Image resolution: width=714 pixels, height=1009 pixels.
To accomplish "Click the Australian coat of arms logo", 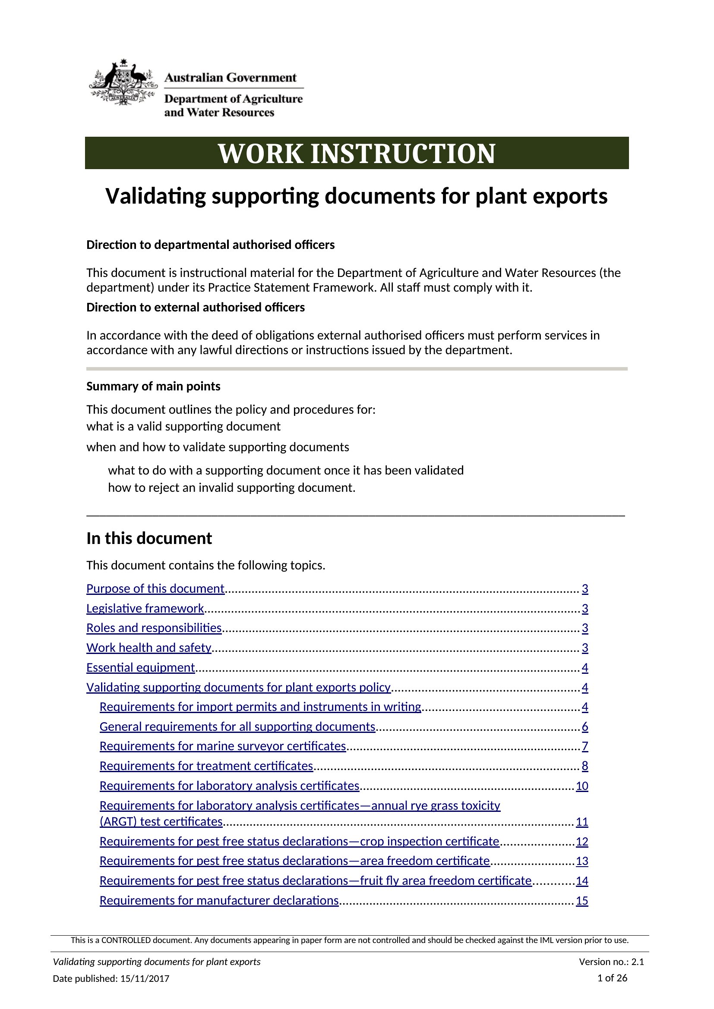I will pyautogui.click(x=123, y=82).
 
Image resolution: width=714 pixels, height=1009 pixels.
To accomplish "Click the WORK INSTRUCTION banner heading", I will pyautogui.click(x=357, y=154).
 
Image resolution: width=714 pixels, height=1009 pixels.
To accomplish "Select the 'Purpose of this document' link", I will pyautogui.click(x=155, y=588).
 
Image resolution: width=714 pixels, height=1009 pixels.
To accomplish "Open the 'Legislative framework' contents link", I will pyautogui.click(x=145, y=608).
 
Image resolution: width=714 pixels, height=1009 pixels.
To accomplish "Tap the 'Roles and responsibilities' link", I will pyautogui.click(x=154, y=628).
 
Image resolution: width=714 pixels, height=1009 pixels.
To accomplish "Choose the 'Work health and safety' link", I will pyautogui.click(x=148, y=648).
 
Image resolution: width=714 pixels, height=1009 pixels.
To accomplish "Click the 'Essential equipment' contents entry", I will pyautogui.click(x=140, y=667).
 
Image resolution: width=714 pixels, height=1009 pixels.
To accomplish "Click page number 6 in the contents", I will pyautogui.click(x=585, y=726).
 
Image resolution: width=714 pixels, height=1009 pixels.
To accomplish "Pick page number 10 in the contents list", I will pyautogui.click(x=581, y=786).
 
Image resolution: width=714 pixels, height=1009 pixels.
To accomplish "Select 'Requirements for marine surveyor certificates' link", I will pyautogui.click(x=222, y=746).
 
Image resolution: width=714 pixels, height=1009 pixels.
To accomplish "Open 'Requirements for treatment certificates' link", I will pyautogui.click(x=206, y=766).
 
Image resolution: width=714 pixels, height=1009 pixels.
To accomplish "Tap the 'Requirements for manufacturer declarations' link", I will pyautogui.click(x=219, y=900).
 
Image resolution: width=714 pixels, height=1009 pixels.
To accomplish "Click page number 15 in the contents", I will pyautogui.click(x=581, y=901).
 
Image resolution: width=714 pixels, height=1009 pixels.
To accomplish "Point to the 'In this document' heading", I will pyautogui.click(x=149, y=538).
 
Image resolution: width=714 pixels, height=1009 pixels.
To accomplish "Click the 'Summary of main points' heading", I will pyautogui.click(x=153, y=386).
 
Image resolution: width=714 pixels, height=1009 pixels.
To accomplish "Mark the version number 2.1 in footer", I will pyautogui.click(x=638, y=962).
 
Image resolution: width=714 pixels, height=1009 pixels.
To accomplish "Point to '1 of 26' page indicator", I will pyautogui.click(x=612, y=978).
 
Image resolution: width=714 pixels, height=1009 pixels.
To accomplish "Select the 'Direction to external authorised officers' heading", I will pyautogui.click(x=195, y=307).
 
